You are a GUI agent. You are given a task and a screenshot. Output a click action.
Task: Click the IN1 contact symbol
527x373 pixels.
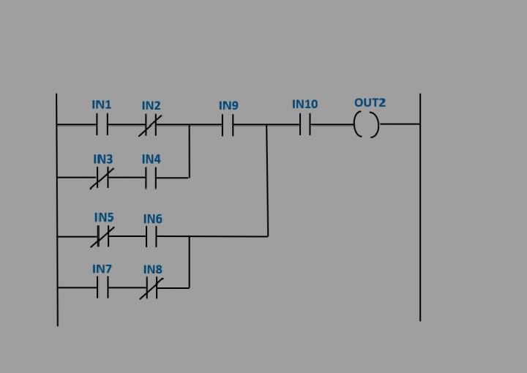[x=102, y=125]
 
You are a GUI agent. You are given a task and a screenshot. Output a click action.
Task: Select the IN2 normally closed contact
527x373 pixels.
[x=151, y=125]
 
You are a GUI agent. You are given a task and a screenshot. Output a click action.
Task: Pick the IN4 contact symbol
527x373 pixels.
[x=151, y=178]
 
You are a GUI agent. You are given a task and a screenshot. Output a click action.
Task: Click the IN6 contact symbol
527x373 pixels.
[x=152, y=236]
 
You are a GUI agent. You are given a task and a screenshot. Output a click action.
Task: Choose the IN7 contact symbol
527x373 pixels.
[x=102, y=288]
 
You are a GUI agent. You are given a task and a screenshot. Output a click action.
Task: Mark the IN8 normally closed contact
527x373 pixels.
[x=152, y=288]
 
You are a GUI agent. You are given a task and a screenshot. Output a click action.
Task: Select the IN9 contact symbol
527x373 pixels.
[x=228, y=125]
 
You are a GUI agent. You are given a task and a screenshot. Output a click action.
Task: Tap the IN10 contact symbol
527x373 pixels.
[x=304, y=125]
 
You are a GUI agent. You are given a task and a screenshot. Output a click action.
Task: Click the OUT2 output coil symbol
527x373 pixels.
[x=367, y=125]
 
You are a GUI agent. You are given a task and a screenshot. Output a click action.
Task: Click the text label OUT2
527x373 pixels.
[x=370, y=102]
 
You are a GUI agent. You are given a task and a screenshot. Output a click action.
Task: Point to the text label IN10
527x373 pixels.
[x=304, y=104]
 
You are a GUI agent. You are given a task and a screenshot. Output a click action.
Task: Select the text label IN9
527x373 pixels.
[x=228, y=105]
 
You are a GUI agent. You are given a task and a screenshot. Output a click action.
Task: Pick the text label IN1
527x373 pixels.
[x=102, y=105]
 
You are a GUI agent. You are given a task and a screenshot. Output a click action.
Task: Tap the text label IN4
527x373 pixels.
[x=151, y=159]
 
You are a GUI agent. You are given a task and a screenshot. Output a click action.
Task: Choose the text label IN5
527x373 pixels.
[x=104, y=217]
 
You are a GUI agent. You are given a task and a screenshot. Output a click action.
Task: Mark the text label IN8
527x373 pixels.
[x=152, y=270]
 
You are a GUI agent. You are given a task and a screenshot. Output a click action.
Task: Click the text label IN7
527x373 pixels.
[x=102, y=269]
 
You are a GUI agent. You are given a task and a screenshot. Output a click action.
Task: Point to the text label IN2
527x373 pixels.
[x=151, y=105]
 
